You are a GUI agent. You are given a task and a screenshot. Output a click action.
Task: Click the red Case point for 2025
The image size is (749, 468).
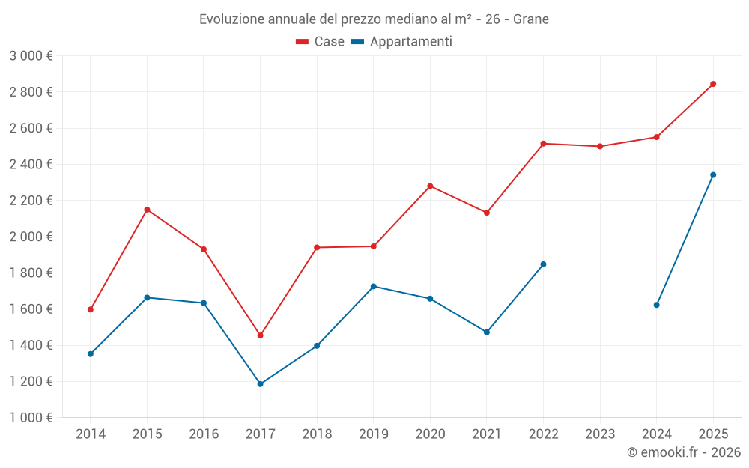(713, 84)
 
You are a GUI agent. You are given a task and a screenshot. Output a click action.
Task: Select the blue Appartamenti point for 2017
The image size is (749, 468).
(260, 384)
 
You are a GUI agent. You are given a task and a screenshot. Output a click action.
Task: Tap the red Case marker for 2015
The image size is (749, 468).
(147, 210)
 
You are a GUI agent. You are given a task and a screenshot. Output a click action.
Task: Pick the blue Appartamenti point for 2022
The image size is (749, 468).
(543, 264)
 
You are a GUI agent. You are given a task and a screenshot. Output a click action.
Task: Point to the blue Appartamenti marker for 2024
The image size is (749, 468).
(657, 305)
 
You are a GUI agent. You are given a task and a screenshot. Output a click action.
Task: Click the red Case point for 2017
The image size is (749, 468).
(260, 335)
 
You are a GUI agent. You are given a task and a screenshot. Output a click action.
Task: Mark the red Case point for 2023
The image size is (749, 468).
(600, 146)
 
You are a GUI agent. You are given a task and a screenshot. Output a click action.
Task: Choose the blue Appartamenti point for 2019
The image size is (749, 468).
(374, 286)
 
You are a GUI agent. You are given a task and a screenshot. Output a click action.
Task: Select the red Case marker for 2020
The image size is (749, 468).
(430, 186)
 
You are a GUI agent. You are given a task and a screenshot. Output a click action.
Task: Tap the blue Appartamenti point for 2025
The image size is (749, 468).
(713, 175)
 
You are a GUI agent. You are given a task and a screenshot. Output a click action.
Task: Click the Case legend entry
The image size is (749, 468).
(321, 42)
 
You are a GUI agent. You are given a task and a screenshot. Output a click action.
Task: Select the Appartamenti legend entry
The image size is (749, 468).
(402, 42)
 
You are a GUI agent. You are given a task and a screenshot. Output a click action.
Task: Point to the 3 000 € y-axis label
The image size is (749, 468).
(31, 56)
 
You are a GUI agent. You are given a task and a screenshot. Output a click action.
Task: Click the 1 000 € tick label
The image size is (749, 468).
(31, 418)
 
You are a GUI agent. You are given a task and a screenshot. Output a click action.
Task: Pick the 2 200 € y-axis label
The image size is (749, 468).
(31, 201)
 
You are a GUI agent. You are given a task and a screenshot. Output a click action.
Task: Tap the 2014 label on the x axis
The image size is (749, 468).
(91, 434)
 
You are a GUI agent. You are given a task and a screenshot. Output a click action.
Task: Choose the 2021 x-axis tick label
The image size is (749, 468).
(487, 434)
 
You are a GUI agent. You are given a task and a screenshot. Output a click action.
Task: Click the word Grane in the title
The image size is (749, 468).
(531, 19)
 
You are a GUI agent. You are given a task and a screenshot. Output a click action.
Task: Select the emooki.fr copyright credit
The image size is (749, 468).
(684, 452)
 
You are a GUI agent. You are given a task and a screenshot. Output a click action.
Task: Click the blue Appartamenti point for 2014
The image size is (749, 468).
(91, 354)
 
